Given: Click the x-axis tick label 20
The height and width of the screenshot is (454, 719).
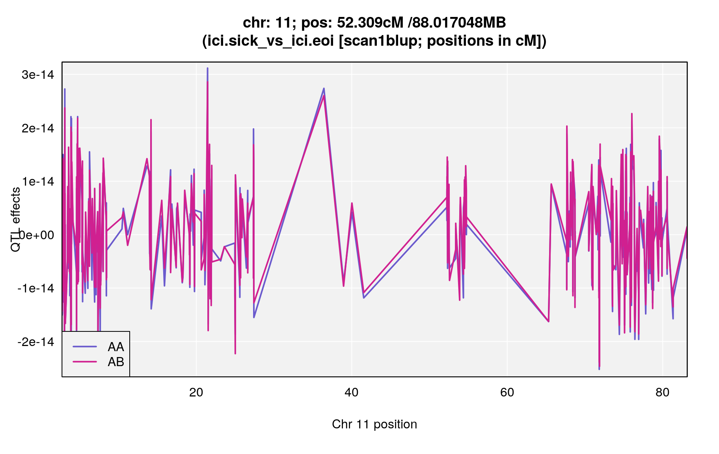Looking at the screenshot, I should (x=196, y=393).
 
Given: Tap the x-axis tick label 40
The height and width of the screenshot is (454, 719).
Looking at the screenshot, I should (x=351, y=393).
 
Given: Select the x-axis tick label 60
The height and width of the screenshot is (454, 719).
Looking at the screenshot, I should (x=507, y=393).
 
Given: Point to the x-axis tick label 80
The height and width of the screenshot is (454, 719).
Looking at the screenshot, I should (x=662, y=393).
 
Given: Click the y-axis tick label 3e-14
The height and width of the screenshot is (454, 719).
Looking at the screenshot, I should (x=38, y=74).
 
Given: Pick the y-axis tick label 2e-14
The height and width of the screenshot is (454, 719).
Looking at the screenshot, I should (x=38, y=128).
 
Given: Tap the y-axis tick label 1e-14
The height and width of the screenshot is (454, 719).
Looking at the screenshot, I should (x=38, y=181).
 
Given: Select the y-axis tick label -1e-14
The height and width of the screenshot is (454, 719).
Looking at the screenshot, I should (x=36, y=288).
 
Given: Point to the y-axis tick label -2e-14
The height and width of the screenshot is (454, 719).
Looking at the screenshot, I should (x=36, y=342).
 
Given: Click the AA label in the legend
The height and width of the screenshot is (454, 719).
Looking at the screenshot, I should (x=116, y=347).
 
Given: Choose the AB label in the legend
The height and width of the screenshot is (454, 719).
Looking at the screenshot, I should (x=116, y=362).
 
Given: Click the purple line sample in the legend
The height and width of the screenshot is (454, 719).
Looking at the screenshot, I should (x=85, y=347).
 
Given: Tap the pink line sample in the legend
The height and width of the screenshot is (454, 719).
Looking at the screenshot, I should (x=85, y=362).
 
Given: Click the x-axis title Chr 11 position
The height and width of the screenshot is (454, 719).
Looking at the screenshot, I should (x=374, y=424).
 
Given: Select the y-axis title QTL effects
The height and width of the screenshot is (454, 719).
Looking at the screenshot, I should (x=16, y=220).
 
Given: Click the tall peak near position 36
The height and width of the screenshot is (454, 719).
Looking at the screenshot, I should (x=324, y=89).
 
